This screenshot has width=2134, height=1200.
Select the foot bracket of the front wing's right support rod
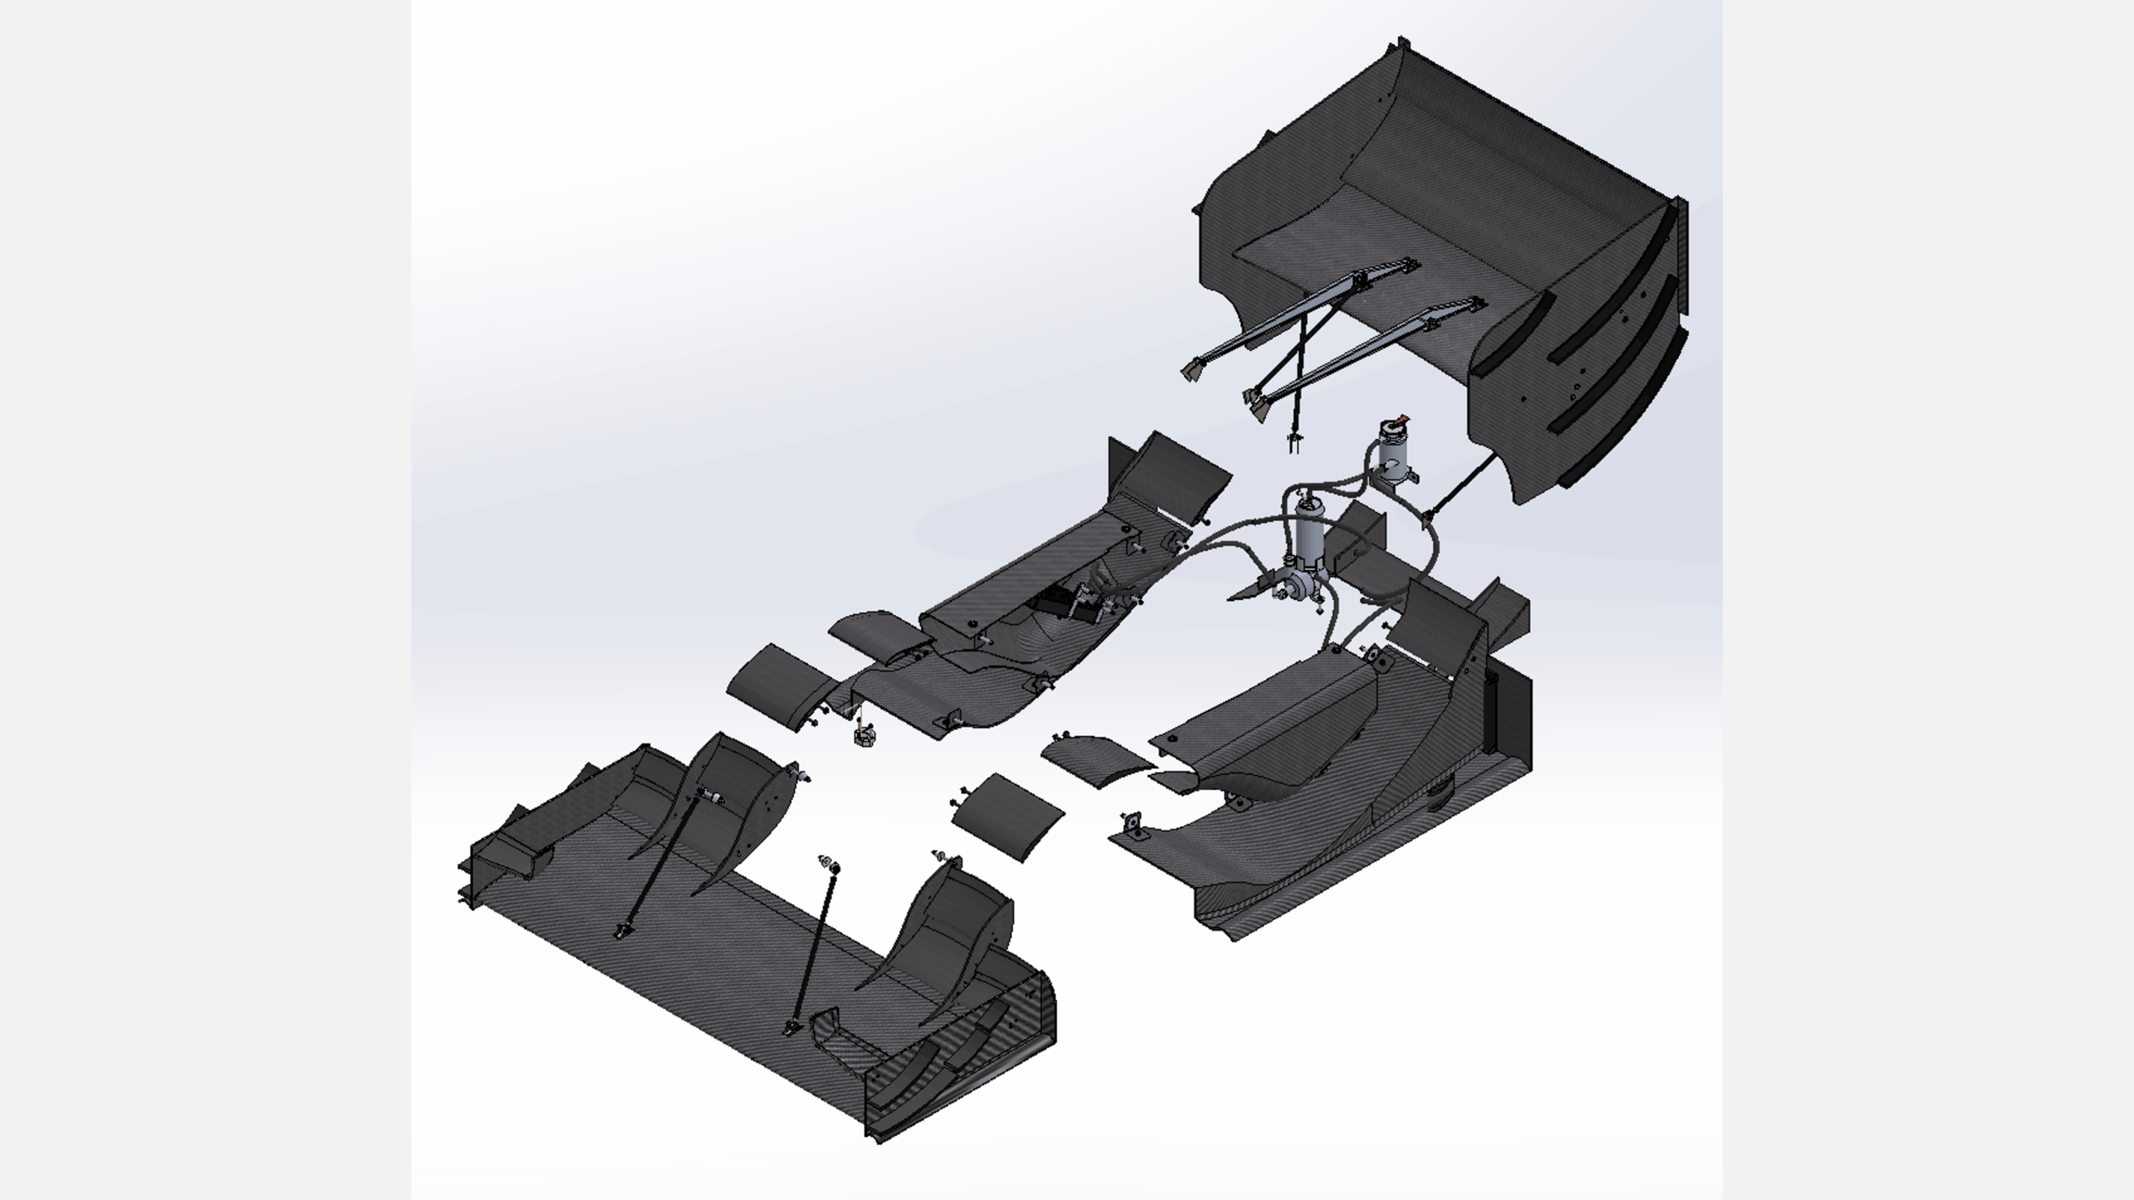[x=790, y=1027]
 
